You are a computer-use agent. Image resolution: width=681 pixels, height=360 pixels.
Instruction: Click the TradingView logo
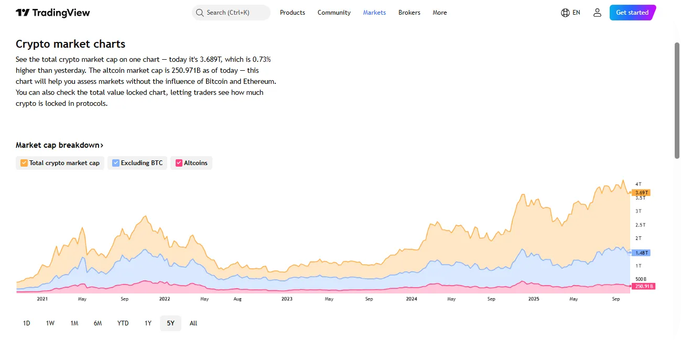click(x=52, y=13)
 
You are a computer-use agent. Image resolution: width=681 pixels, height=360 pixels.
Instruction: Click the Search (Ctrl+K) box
click(x=231, y=13)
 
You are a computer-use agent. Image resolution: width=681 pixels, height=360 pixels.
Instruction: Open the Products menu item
click(x=293, y=13)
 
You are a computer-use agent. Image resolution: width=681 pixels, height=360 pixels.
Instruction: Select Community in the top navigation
click(x=334, y=13)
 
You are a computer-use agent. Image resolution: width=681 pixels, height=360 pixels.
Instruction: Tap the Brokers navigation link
click(x=409, y=13)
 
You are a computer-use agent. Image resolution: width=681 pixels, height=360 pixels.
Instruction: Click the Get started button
click(x=632, y=13)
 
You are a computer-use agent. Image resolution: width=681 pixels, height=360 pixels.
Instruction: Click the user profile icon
click(x=597, y=13)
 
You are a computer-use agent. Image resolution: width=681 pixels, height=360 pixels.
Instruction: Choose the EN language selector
click(x=570, y=13)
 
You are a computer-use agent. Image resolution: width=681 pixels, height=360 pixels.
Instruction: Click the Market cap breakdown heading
click(x=59, y=145)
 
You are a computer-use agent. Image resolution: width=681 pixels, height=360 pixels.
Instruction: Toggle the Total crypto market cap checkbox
click(x=24, y=163)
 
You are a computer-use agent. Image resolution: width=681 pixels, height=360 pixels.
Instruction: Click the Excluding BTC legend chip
click(x=138, y=163)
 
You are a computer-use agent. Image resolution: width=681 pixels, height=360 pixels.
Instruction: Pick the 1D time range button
click(x=27, y=323)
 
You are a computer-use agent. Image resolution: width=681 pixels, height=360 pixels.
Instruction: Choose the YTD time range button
click(x=123, y=323)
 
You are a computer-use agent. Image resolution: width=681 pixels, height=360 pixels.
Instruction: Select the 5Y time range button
click(x=170, y=323)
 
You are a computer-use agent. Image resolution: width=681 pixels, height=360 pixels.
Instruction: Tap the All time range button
click(x=193, y=323)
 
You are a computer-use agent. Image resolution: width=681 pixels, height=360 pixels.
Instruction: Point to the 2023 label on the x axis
click(x=287, y=299)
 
